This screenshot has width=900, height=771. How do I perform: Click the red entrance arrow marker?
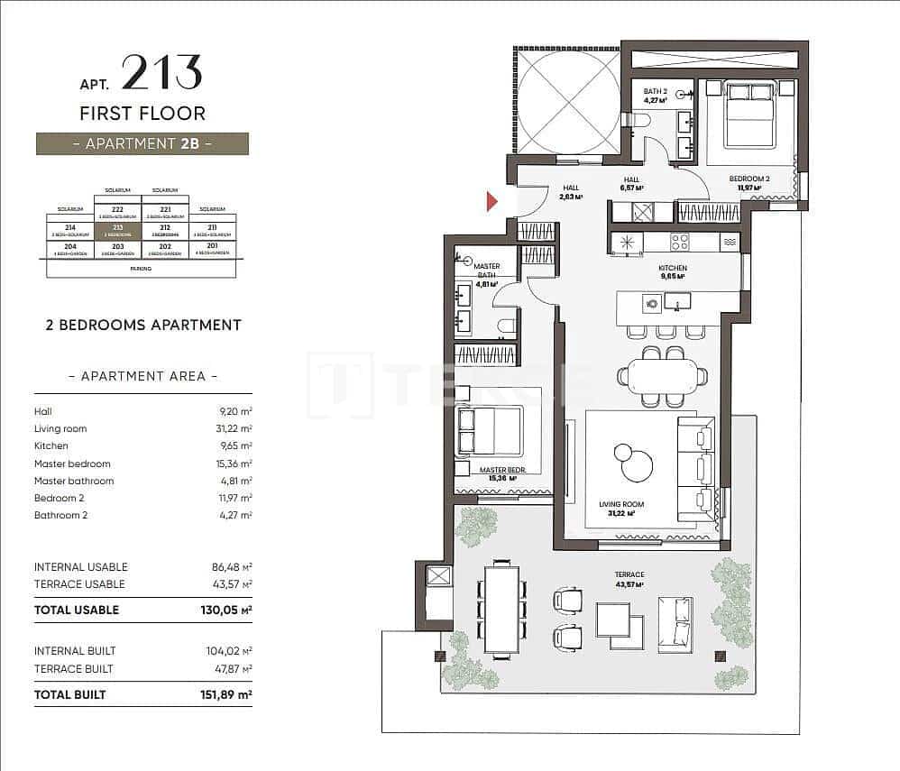point(492,201)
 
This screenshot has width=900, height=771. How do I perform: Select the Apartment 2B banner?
point(142,143)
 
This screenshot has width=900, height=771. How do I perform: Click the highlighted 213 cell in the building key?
point(117,231)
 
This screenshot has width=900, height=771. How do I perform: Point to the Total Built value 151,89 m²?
point(225,694)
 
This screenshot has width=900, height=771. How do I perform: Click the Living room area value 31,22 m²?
point(233,428)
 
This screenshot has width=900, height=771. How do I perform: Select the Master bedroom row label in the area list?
point(72,464)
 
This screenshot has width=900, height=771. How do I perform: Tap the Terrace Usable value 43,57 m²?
point(232,584)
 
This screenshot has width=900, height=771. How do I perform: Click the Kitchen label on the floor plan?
point(673,269)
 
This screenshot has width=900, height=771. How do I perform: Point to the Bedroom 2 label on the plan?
point(748,179)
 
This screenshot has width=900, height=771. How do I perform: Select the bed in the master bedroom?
point(490,430)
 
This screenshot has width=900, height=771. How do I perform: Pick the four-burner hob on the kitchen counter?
point(679,242)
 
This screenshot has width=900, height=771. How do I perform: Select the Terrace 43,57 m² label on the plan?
point(629,579)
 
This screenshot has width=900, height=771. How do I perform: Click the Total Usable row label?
point(77,610)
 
